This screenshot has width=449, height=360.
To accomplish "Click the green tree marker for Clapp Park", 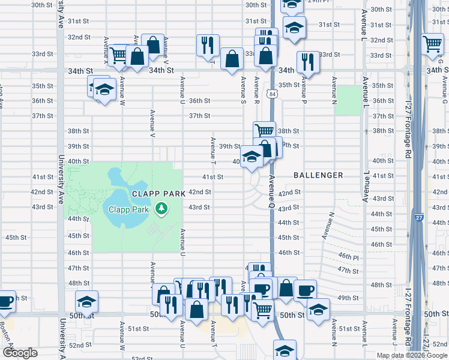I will [161, 208].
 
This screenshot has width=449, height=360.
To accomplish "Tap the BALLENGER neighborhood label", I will [318, 175].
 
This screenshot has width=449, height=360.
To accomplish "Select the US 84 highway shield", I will [273, 94].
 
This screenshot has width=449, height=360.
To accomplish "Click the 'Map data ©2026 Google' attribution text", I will [412, 355].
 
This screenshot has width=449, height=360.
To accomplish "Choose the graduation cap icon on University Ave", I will [86, 301].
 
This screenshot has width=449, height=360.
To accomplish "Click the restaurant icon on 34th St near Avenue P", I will [308, 62].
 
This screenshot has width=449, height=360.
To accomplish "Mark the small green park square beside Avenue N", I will [345, 100].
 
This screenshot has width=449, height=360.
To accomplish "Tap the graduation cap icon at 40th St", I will [252, 157].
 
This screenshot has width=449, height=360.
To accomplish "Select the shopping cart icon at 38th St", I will [264, 131].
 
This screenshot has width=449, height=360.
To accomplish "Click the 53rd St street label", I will [142, 358].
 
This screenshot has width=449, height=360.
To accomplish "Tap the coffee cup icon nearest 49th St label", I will [305, 290].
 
